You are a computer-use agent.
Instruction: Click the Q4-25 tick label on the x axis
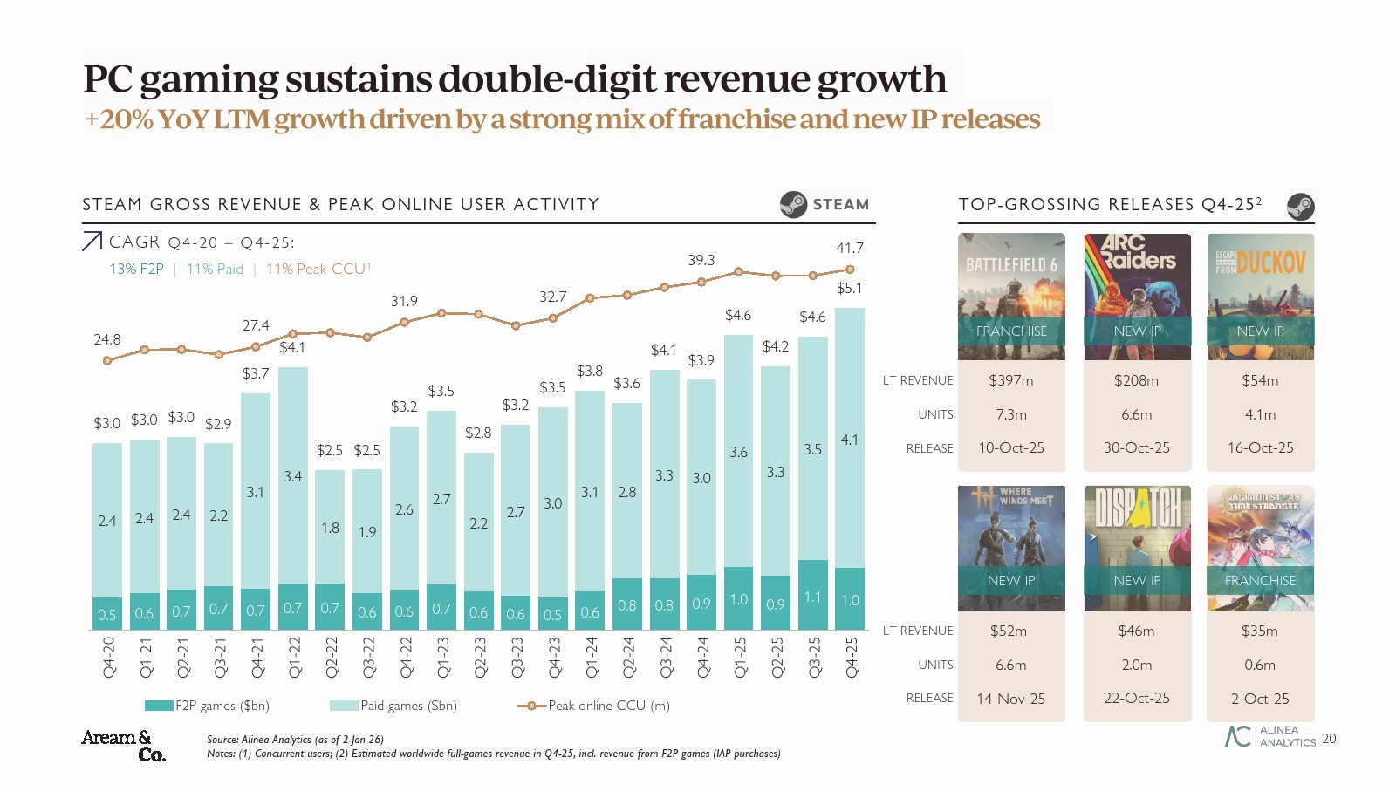(x=852, y=657)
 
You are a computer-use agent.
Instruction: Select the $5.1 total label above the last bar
(x=849, y=289)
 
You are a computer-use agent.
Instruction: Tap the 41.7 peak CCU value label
(x=849, y=249)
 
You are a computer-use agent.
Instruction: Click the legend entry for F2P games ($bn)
(x=208, y=706)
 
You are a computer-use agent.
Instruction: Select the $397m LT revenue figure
(x=1011, y=380)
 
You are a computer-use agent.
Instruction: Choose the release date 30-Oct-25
(x=1137, y=447)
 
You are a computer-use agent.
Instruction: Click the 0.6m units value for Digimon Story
(x=1260, y=665)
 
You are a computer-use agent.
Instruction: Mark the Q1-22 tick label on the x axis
(x=294, y=657)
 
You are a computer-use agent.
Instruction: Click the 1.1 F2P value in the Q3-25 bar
(x=812, y=597)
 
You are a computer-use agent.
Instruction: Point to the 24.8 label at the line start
(x=107, y=339)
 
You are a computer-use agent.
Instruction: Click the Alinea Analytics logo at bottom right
(x=1270, y=736)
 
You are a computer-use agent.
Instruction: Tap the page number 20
(x=1329, y=739)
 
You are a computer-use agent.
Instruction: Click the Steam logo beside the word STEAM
(x=793, y=204)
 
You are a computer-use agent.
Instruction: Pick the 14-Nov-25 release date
(x=1011, y=699)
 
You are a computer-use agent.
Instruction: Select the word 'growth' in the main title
(x=881, y=78)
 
